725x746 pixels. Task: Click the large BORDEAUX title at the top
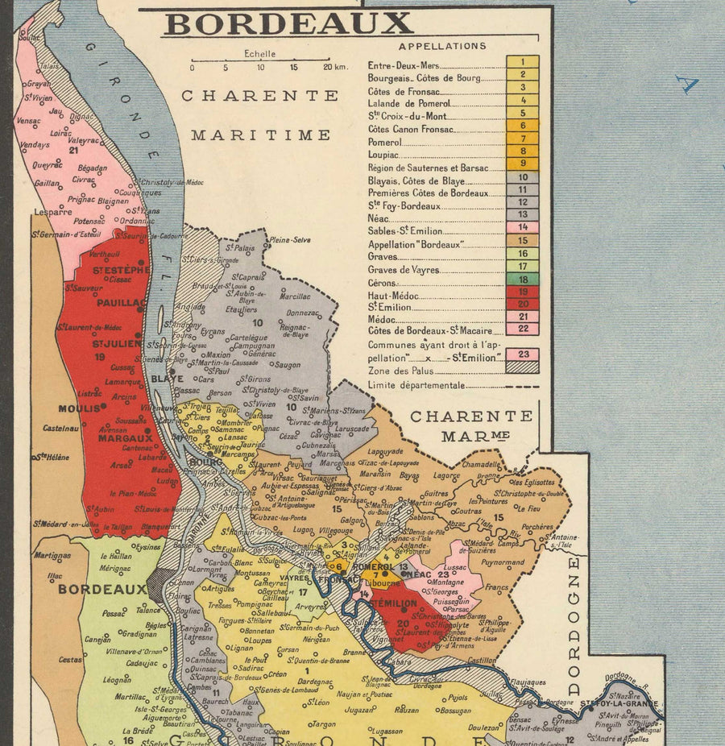tap(288, 24)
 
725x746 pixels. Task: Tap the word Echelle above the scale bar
tap(260, 54)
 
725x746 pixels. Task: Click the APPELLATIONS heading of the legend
tap(442, 46)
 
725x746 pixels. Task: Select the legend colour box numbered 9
tap(523, 164)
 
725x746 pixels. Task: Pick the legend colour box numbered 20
tap(523, 304)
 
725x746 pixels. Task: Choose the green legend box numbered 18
tap(523, 279)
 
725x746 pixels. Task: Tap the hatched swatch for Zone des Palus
tap(523, 367)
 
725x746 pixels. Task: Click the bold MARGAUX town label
tap(125, 438)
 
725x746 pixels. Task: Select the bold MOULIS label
tap(79, 408)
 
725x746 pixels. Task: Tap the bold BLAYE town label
tap(168, 378)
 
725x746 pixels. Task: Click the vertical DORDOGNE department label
tap(574, 625)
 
